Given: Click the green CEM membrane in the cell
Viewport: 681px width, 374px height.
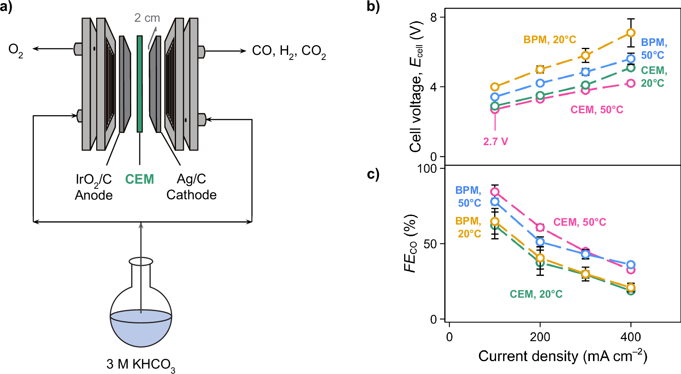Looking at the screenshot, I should [139, 84].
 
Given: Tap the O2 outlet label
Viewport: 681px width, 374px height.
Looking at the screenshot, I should [16, 50].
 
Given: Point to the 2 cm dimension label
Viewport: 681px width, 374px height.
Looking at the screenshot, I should [147, 18].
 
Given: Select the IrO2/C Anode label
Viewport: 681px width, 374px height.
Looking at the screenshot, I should [93, 187].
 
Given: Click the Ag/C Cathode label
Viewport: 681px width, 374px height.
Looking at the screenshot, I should [191, 187].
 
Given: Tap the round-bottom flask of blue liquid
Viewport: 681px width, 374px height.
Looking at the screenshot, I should [141, 319].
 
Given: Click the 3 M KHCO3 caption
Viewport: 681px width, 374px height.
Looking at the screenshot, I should [141, 365].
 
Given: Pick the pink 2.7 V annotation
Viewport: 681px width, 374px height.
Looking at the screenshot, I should [495, 142].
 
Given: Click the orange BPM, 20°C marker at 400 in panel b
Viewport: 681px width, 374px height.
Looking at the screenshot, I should [631, 33].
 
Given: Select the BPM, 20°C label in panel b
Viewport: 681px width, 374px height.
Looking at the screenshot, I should [549, 40].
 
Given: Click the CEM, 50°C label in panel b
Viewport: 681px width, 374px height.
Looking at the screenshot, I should [597, 110].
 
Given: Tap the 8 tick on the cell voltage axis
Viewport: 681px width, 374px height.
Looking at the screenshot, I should [434, 17].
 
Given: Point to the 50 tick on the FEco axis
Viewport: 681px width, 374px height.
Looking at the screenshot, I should [430, 244].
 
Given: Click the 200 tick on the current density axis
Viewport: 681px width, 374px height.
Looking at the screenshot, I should [540, 337].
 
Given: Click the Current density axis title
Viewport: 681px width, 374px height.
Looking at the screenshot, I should [562, 356].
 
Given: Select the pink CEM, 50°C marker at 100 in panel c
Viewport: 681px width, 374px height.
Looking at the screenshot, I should [494, 192].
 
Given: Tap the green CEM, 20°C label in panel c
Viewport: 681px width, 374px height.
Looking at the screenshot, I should [536, 294].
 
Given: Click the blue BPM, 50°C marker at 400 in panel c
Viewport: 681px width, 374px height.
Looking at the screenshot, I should [631, 265].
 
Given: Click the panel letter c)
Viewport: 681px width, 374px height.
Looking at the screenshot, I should [373, 174].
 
